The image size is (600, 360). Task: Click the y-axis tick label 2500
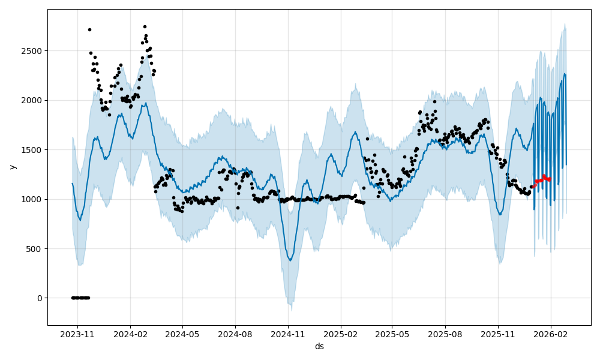[x=33, y=51]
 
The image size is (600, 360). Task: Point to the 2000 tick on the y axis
[x=33, y=100]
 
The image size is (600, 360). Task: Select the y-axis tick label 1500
[x=33, y=149]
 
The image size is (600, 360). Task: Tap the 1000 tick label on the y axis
[x=33, y=199]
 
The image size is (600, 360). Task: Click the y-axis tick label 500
[x=35, y=248]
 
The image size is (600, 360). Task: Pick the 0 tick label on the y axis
[x=40, y=298]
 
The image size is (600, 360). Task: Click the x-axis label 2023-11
[x=78, y=334]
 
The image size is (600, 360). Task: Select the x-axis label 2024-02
[x=130, y=334]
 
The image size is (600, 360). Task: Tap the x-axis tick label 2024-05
[x=182, y=334]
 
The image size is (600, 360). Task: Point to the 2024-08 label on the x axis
[x=235, y=334]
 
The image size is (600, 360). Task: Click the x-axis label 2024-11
[x=288, y=334]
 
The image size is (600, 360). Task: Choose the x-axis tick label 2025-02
[x=341, y=334]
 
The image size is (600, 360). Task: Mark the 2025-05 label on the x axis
[x=392, y=334]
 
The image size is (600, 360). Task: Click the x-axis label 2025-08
[x=445, y=334]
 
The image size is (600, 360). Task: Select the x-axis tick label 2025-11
[x=497, y=334]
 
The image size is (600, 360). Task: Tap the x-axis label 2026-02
[x=550, y=334]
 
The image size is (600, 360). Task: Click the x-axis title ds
[x=319, y=346]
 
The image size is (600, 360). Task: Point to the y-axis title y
[x=11, y=167]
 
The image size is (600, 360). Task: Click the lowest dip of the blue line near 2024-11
[x=290, y=260]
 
